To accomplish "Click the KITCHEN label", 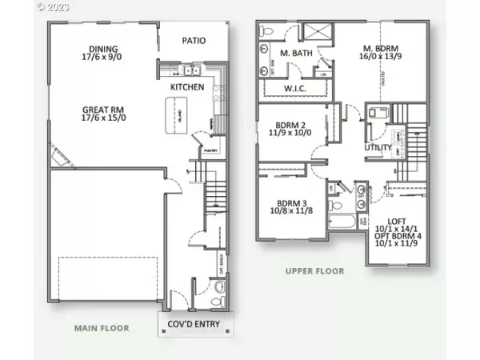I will point(187,86).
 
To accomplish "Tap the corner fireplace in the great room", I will point(58,161).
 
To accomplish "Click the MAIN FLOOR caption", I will point(102,327).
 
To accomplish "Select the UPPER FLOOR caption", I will point(314,271).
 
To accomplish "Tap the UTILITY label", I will point(378,148).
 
